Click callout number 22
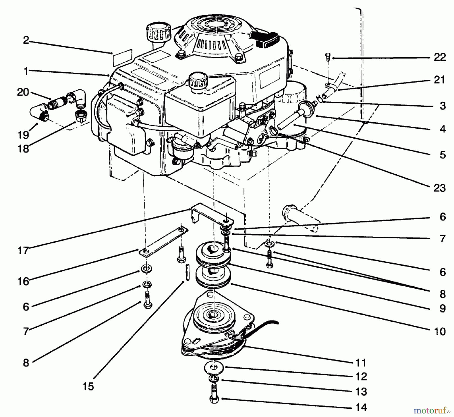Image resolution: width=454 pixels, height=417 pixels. [440, 58]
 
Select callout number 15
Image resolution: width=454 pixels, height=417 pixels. [88, 386]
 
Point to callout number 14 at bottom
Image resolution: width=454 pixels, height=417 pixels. [361, 407]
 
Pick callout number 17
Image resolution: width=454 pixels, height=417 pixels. [23, 251]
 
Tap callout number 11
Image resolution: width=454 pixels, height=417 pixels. [361, 363]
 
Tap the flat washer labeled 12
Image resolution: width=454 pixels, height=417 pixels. [214, 368]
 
